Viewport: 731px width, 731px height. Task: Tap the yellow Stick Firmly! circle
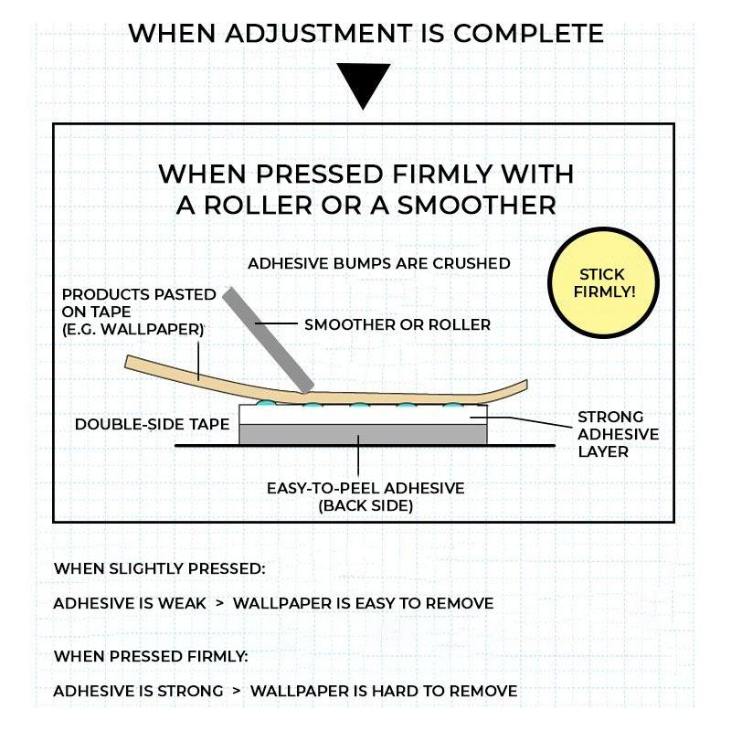pyautogui.click(x=603, y=283)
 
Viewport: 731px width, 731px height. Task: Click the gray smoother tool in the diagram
pyautogui.click(x=268, y=340)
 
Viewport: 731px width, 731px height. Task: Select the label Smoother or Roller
pyautogui.click(x=397, y=325)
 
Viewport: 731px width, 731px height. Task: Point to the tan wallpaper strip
pyautogui.click(x=326, y=382)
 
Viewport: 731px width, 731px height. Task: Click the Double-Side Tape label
pyautogui.click(x=152, y=424)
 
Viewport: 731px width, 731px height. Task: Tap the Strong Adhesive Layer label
pyautogui.click(x=618, y=434)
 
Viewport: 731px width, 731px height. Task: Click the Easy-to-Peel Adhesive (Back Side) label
pyautogui.click(x=365, y=497)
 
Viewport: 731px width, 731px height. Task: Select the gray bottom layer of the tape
pyautogui.click(x=363, y=434)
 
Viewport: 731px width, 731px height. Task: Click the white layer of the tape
pyautogui.click(x=363, y=415)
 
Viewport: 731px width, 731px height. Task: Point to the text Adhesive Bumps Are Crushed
pyautogui.click(x=378, y=263)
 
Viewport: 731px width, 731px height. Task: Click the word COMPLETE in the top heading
pyautogui.click(x=528, y=34)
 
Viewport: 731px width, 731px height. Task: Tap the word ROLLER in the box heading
pyautogui.click(x=258, y=205)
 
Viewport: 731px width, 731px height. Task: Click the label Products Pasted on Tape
pyautogui.click(x=139, y=312)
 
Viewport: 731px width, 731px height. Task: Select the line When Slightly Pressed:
pyautogui.click(x=159, y=568)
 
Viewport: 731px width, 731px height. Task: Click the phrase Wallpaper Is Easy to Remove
pyautogui.click(x=363, y=603)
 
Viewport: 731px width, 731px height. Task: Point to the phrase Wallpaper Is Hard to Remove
pyautogui.click(x=384, y=691)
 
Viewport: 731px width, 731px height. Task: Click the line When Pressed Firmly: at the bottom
pyautogui.click(x=151, y=656)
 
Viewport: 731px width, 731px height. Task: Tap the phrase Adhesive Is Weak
pyautogui.click(x=130, y=603)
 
